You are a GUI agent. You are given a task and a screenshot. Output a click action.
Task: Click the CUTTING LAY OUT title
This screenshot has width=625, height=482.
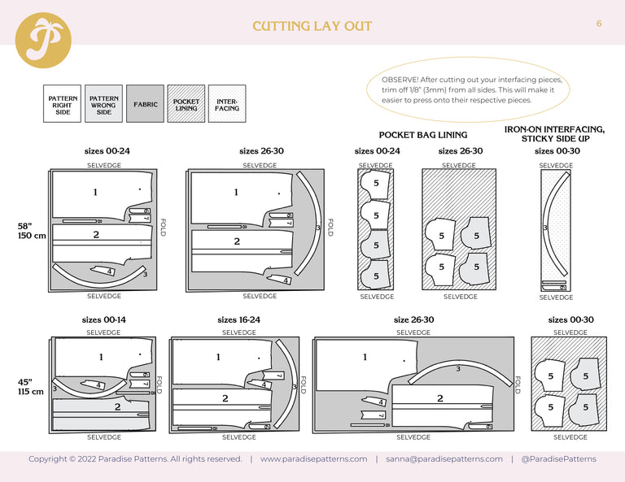pos(312,26)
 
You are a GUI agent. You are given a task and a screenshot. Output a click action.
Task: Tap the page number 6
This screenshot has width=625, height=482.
pos(599,24)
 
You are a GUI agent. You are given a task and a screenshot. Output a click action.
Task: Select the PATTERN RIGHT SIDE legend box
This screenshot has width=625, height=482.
pos(63,105)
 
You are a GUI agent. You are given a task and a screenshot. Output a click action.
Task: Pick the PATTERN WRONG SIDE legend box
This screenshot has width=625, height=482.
pos(103,105)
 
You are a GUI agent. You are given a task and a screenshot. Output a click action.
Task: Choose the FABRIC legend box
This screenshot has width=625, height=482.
pos(145,105)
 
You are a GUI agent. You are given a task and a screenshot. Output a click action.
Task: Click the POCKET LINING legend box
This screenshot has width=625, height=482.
pos(186,105)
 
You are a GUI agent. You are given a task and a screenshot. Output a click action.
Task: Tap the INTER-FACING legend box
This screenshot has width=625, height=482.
pos(227,105)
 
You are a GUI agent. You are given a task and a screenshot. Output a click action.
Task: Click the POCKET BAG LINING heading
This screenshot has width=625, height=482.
pos(423,135)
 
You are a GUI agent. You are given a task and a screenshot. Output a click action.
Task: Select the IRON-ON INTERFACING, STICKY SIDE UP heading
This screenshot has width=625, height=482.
pos(554,134)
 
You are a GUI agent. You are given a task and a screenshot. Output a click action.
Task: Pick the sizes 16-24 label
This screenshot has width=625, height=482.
pos(238,320)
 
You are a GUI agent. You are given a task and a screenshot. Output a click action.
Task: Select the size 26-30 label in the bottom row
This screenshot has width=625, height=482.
pos(413,320)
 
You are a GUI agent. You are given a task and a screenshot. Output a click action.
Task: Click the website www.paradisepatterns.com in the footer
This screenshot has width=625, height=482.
pos(313,459)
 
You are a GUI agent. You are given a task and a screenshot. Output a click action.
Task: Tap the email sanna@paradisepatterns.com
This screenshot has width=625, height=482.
pos(444,459)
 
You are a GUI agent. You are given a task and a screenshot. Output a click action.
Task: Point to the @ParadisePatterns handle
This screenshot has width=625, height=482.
pos(558,459)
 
